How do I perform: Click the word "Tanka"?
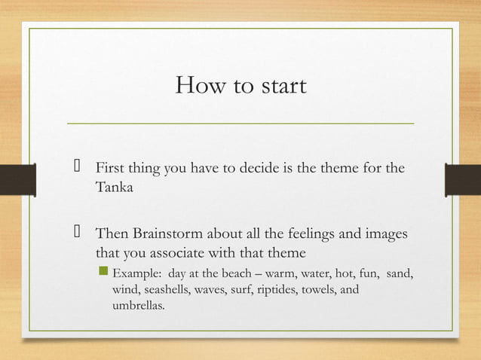[x=114, y=188]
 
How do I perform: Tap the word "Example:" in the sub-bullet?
[x=137, y=272]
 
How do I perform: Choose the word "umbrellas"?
[x=139, y=306]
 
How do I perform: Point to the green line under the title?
[x=240, y=122]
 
